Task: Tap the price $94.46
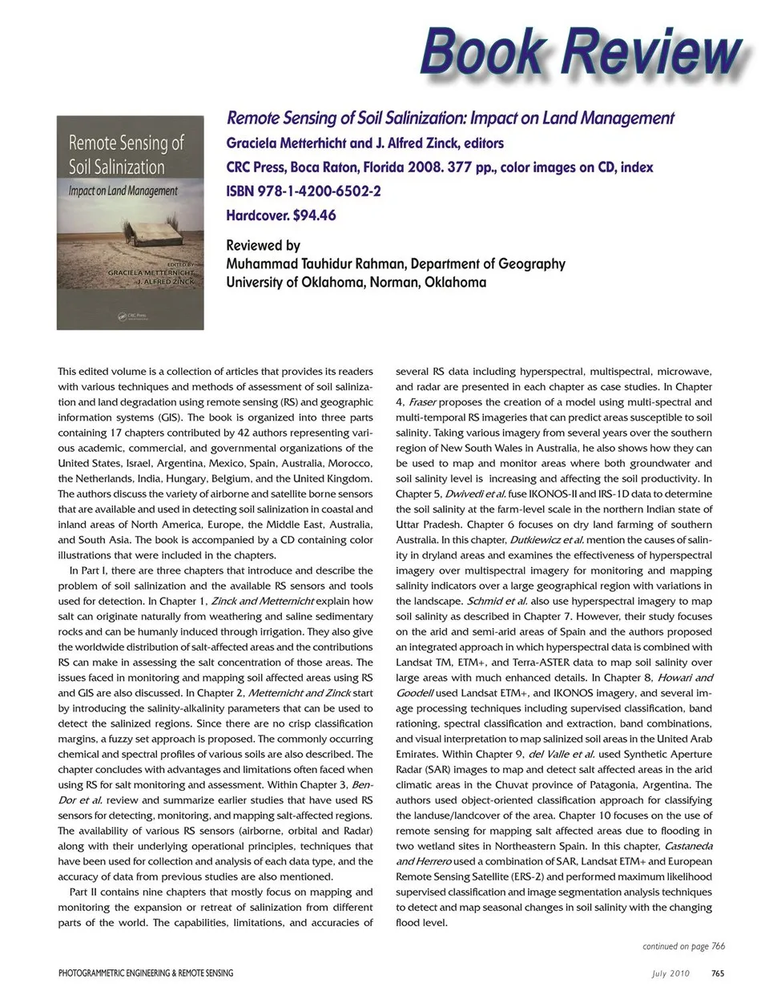click(315, 215)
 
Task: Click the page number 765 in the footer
click(718, 973)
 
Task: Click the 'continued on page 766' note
click(683, 946)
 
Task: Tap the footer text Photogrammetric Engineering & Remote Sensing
click(146, 973)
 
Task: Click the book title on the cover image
click(126, 155)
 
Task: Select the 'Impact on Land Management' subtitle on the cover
click(123, 191)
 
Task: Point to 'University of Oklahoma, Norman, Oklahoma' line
click(356, 282)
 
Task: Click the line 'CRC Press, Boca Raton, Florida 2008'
click(337, 167)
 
